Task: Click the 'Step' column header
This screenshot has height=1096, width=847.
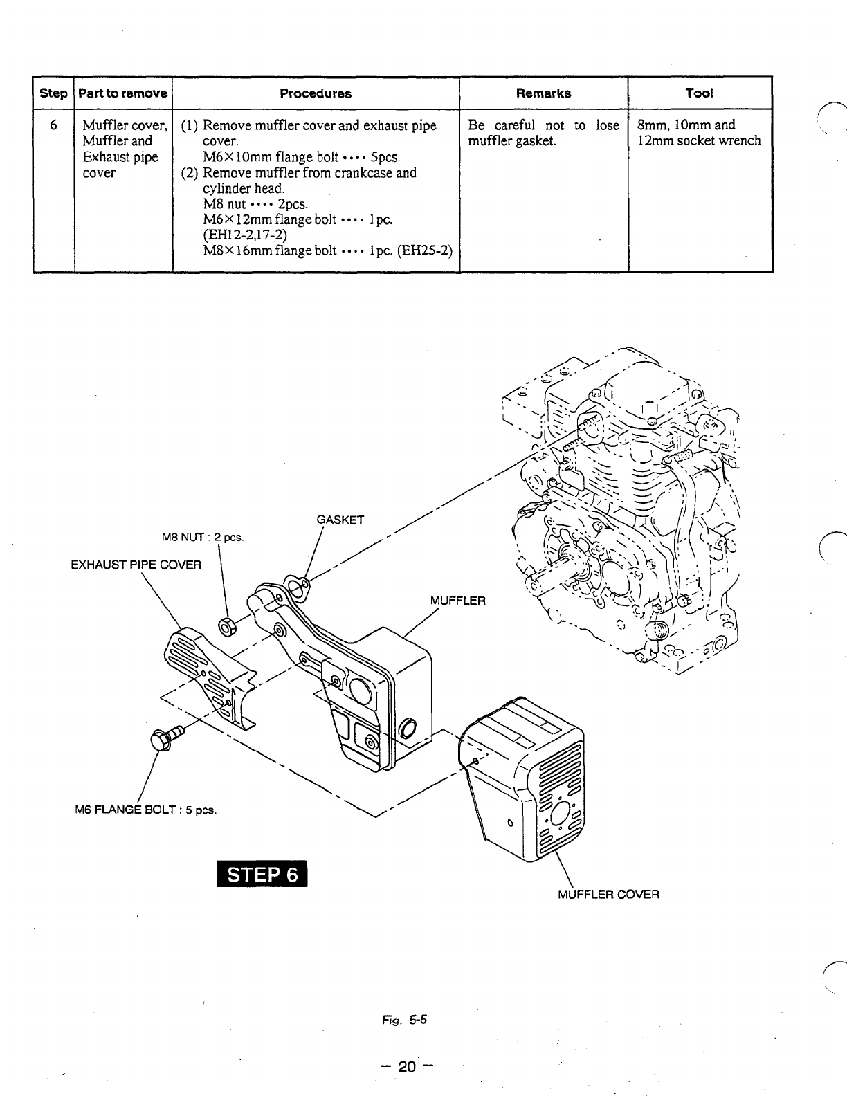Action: click(x=53, y=93)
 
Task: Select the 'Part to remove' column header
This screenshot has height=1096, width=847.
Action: click(x=122, y=93)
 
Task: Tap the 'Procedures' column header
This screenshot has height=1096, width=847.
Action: click(x=316, y=93)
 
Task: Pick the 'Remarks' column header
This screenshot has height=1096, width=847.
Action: click(x=543, y=93)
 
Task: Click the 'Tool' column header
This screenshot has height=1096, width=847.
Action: click(x=699, y=93)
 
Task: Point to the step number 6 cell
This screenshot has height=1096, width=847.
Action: click(x=53, y=125)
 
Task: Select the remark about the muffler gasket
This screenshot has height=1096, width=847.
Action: click(x=543, y=133)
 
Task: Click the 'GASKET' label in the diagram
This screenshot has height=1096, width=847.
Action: click(x=340, y=520)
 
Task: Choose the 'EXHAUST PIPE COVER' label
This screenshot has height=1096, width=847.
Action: click(x=136, y=565)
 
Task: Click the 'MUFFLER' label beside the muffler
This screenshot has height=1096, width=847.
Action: click(x=458, y=600)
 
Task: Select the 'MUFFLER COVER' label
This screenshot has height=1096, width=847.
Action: click(x=608, y=894)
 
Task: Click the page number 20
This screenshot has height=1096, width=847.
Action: click(x=408, y=1066)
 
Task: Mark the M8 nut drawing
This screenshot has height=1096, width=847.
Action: click(x=226, y=627)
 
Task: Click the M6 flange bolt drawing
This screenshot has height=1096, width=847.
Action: click(x=163, y=736)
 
